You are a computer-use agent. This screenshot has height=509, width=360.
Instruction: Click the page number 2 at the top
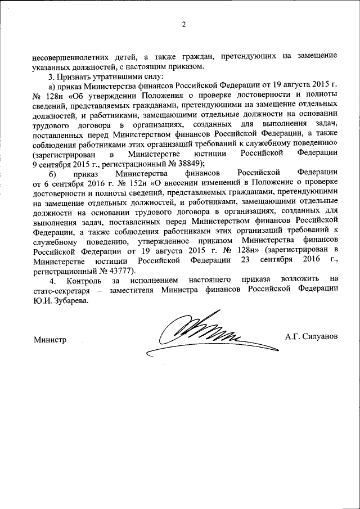click(x=183, y=24)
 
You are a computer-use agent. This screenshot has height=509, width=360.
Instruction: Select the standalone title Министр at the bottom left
click(x=49, y=340)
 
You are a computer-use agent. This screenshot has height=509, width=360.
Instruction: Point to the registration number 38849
click(x=175, y=163)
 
